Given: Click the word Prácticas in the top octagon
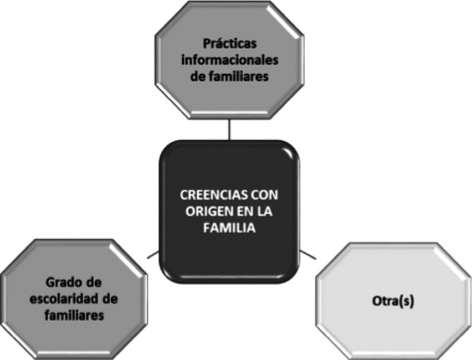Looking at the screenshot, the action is click(x=229, y=43).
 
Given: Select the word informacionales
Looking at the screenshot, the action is click(x=229, y=60).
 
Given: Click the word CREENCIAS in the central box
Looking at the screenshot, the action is click(x=206, y=196).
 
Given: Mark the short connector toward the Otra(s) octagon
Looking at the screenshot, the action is click(x=308, y=255).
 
